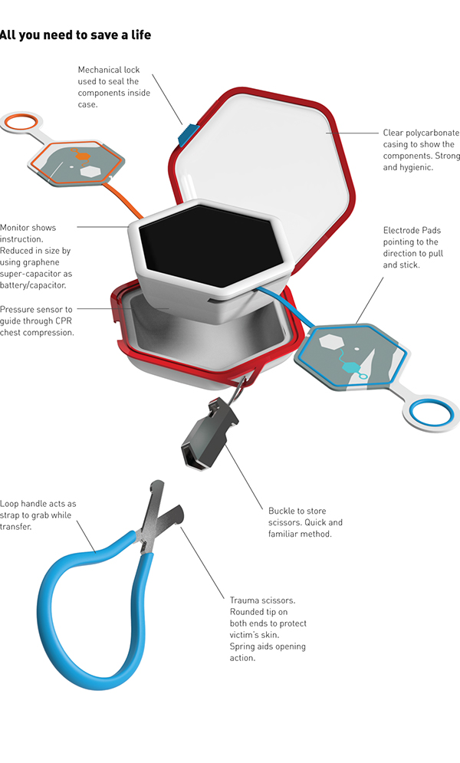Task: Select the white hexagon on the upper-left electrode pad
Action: [91, 171]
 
